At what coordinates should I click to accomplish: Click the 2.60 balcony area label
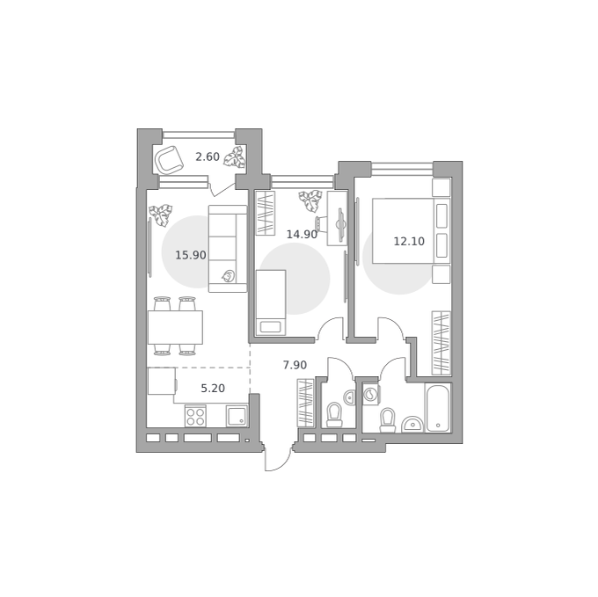click(208, 157)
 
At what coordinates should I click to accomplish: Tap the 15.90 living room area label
click(191, 255)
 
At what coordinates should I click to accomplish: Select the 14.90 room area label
click(302, 235)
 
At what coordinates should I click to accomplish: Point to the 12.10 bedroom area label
click(409, 241)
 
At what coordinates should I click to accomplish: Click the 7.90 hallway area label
click(295, 365)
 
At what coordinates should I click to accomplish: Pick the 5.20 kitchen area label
click(213, 389)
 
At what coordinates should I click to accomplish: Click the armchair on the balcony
click(169, 160)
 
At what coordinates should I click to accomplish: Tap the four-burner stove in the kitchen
click(195, 416)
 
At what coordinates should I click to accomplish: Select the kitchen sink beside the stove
click(237, 416)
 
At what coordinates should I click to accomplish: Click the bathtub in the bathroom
click(438, 408)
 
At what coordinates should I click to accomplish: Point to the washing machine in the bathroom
click(371, 393)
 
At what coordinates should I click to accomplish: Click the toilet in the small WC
click(334, 415)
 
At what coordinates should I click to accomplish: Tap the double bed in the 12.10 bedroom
click(412, 230)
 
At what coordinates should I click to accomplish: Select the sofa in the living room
click(228, 249)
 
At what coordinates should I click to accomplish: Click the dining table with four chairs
click(175, 326)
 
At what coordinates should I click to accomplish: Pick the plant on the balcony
click(234, 157)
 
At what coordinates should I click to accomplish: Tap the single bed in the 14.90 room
click(271, 302)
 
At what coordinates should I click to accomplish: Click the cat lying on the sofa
click(228, 276)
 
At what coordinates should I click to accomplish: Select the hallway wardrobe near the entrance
click(305, 402)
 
